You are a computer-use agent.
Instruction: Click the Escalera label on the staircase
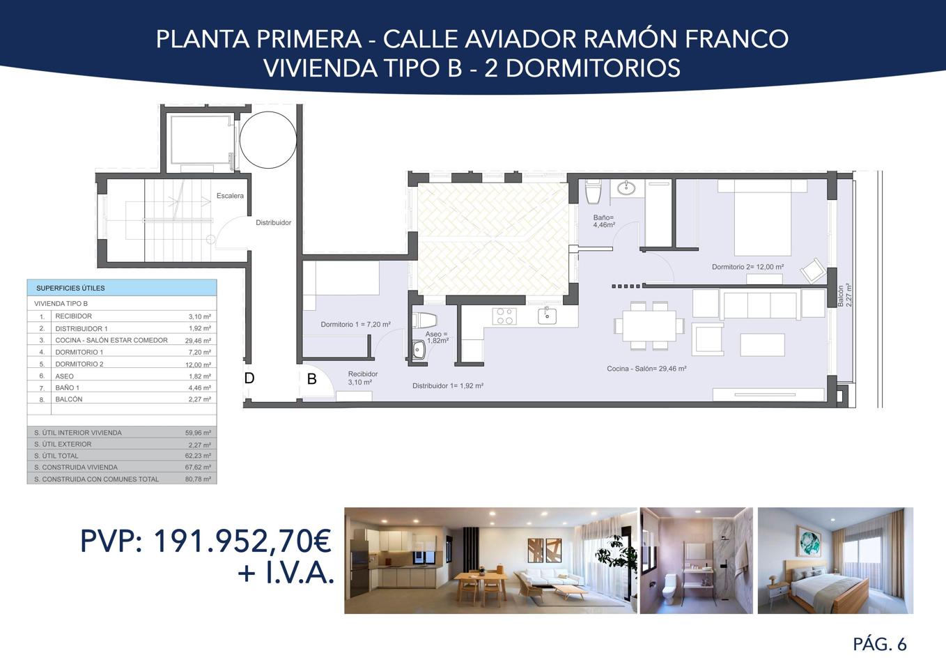230,196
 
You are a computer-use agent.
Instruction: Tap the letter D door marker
249,378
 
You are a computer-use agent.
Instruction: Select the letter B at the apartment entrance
311,379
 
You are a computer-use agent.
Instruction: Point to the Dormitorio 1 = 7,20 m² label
355,324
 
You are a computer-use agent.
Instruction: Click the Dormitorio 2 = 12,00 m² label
747,267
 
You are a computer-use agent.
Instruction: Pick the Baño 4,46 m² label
604,222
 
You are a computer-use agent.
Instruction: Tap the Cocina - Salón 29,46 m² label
646,369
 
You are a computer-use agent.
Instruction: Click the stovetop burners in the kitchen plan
504,316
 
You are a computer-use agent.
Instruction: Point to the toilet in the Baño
593,192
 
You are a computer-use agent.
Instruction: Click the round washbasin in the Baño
626,187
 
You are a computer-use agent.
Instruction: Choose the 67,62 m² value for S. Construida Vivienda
198,467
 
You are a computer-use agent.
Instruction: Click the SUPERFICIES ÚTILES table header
70,288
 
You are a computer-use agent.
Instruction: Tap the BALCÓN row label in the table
69,399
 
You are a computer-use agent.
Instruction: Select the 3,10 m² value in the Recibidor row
199,316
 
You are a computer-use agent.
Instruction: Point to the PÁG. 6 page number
880,645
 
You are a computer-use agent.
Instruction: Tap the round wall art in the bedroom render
808,542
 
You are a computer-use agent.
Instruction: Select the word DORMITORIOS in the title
593,68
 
